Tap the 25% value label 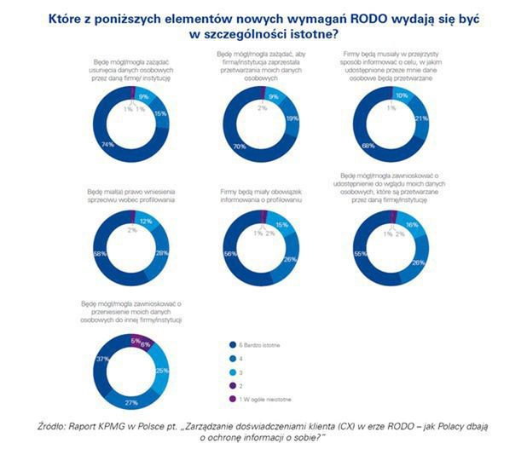pyautogui.click(x=160, y=372)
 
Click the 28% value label pyautogui.click(x=160, y=253)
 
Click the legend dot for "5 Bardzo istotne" pyautogui.click(x=232, y=344)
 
